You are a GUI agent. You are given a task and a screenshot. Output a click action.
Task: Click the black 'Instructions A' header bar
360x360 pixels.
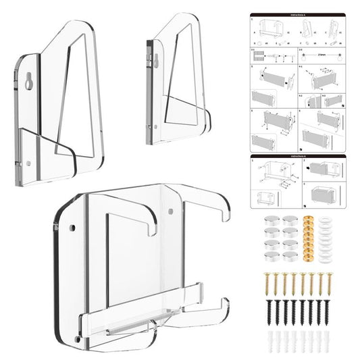click(298, 14)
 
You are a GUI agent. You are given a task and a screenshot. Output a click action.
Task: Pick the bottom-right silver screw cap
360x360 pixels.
click(289, 252)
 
